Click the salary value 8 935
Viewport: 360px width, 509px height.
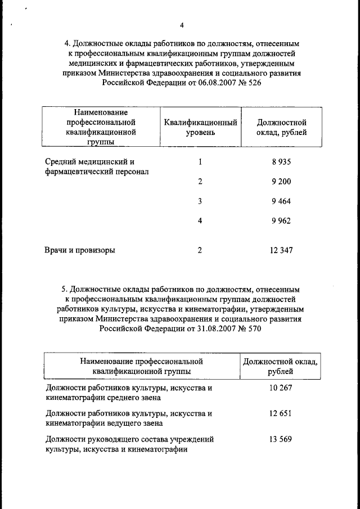point(281,162)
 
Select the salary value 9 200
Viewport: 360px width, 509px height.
point(281,182)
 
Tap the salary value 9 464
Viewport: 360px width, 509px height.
point(281,201)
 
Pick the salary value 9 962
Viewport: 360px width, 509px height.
point(281,221)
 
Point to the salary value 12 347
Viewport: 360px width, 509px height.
point(281,250)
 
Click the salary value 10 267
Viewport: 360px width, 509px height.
point(280,388)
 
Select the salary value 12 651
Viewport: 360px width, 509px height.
point(280,413)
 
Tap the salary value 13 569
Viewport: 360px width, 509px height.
point(280,439)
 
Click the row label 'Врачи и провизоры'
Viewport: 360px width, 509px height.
point(80,250)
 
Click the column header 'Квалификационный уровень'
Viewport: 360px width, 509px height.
point(200,127)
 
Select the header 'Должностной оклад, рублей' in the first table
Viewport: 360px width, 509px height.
point(281,127)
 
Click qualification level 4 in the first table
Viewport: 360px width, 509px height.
point(200,221)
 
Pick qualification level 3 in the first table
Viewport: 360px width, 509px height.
point(200,201)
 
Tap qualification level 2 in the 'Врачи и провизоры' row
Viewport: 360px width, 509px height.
point(200,250)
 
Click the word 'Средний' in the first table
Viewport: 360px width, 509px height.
point(60,162)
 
